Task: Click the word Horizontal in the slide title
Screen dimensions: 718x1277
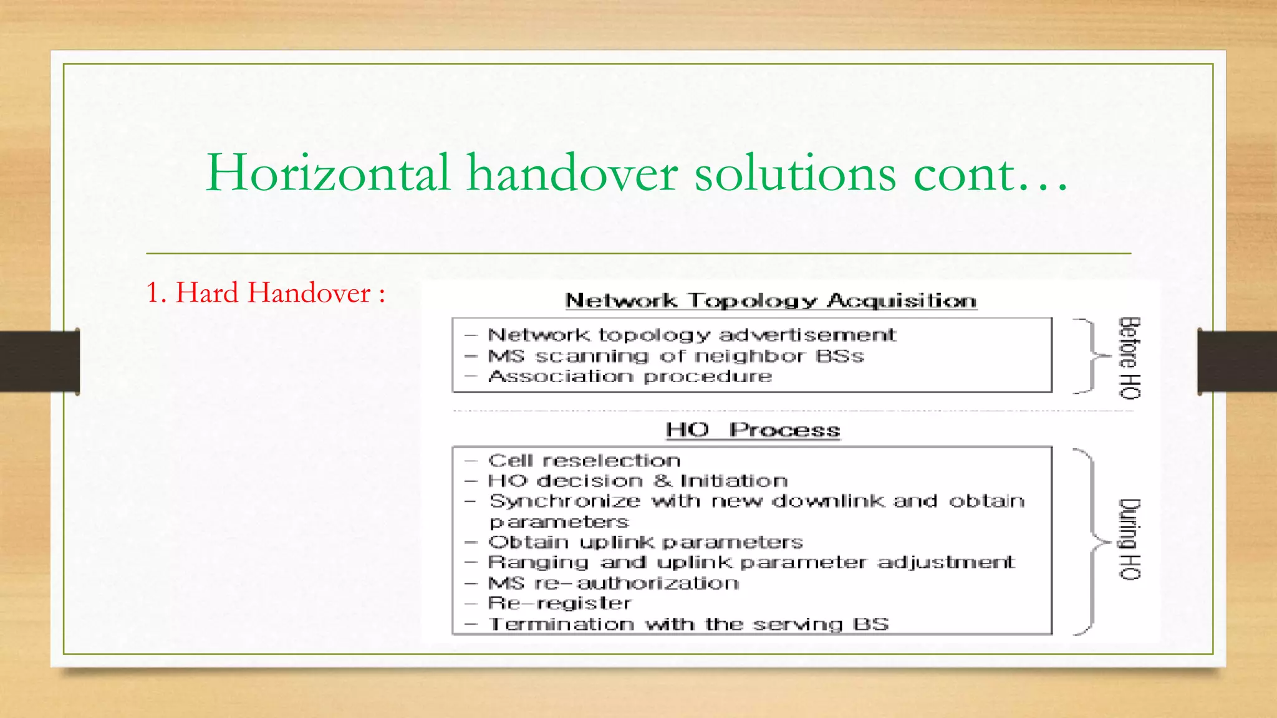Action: click(x=328, y=173)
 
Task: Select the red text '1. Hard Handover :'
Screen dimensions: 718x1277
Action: click(x=266, y=293)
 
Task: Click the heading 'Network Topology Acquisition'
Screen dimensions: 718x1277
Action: click(x=771, y=300)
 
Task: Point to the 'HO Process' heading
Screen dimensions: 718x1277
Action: click(x=753, y=429)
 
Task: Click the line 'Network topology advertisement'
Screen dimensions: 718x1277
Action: click(x=692, y=335)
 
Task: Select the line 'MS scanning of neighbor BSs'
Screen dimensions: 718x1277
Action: click(x=676, y=356)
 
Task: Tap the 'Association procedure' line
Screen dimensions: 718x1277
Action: click(x=630, y=376)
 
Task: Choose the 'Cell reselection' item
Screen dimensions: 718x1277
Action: click(x=584, y=461)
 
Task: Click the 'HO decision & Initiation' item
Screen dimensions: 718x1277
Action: click(x=637, y=481)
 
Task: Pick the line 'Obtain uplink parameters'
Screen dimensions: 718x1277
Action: click(x=645, y=542)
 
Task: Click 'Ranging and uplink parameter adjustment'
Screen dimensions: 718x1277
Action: click(x=751, y=562)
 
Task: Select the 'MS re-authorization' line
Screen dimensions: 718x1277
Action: click(x=614, y=583)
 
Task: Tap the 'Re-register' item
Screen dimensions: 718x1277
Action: click(x=559, y=603)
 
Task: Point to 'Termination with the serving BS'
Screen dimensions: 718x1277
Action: click(x=688, y=624)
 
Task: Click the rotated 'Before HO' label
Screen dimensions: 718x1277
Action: click(x=1129, y=358)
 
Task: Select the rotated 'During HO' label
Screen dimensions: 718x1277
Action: click(x=1129, y=539)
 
